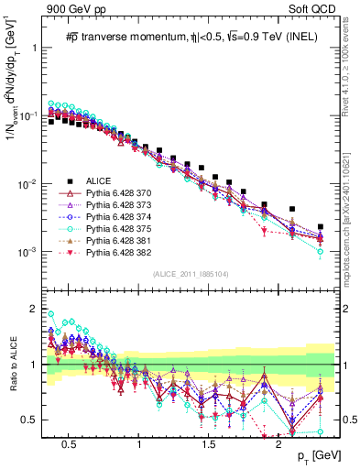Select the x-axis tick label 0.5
click(x=67, y=443)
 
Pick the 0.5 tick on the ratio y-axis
click(x=34, y=420)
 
